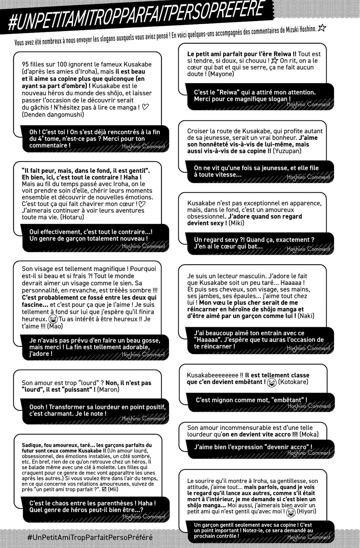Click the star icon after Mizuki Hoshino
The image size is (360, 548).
click(x=322, y=28)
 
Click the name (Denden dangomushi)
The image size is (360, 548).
click(x=53, y=114)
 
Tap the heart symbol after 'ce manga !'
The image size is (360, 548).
click(x=145, y=107)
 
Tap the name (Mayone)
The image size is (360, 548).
click(x=220, y=74)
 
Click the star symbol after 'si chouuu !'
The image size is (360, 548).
click(x=274, y=61)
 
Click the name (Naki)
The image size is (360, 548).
click(x=306, y=316)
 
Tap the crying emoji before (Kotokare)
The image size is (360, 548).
click(x=272, y=382)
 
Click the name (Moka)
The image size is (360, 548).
click(x=309, y=434)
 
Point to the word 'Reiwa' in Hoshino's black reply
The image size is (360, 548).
click(x=229, y=92)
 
